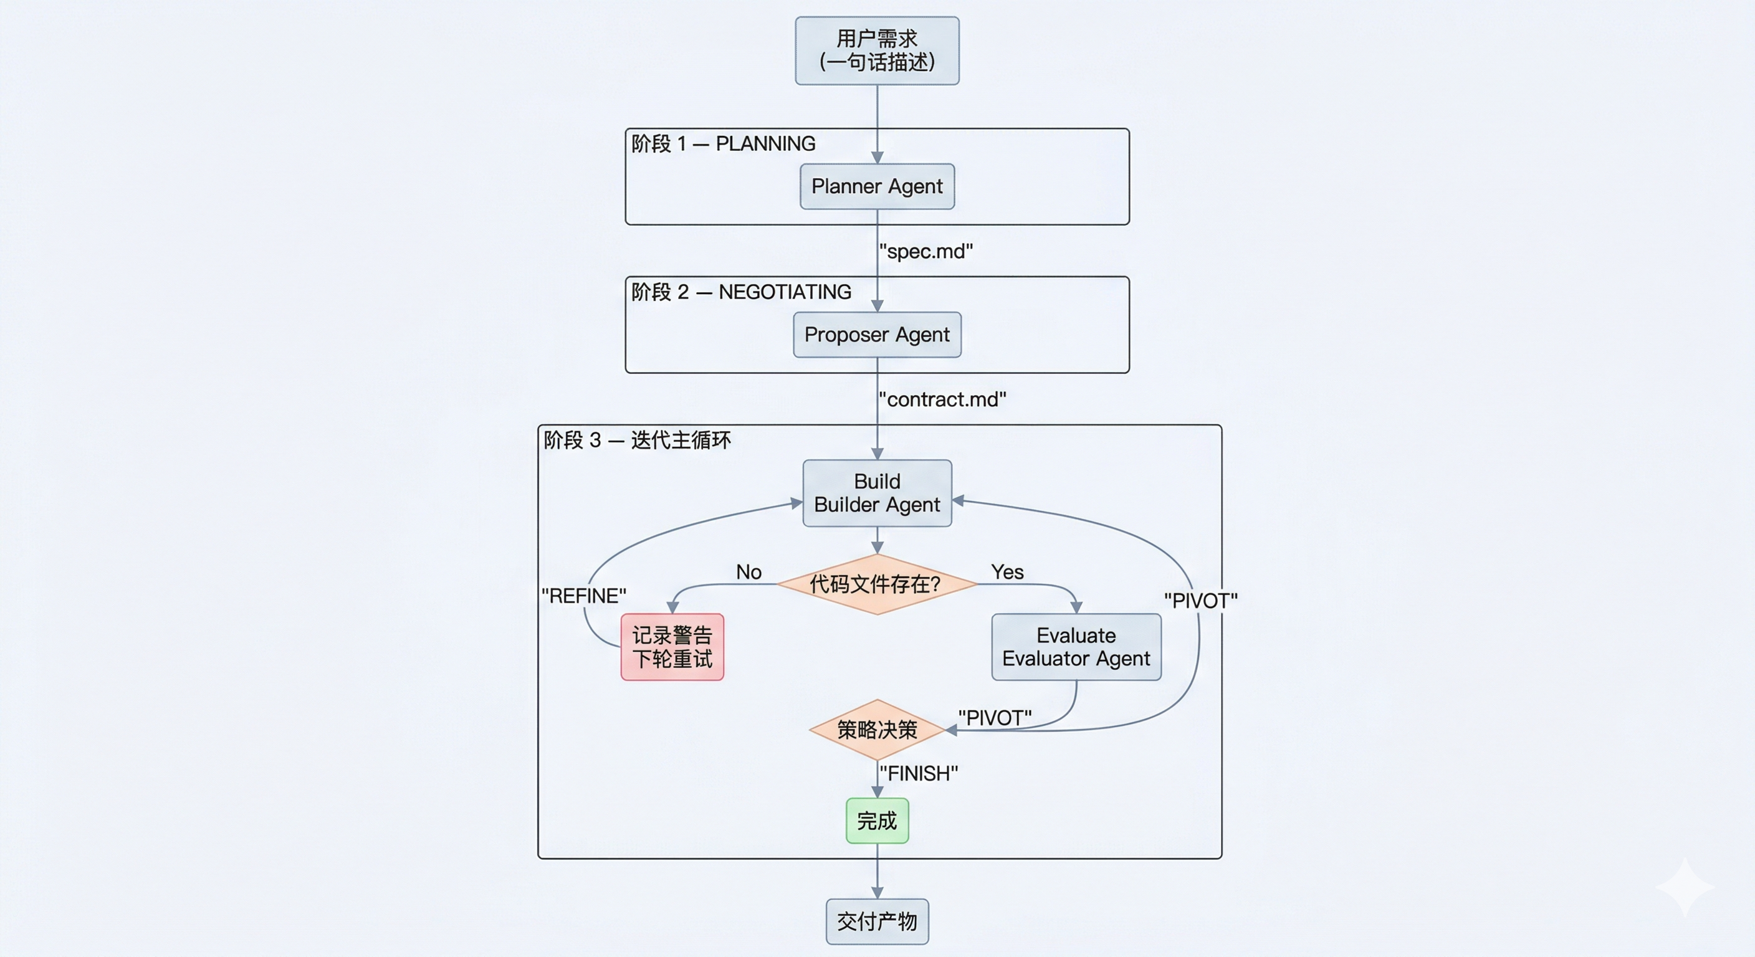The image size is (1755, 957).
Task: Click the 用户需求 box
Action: coord(877,50)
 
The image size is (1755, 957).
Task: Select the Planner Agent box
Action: coord(877,186)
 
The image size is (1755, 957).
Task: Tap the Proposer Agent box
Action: coord(877,335)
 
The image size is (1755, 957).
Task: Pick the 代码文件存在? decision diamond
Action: coord(877,584)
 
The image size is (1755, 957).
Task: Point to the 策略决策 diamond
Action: coord(877,730)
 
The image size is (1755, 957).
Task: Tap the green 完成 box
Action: coord(877,821)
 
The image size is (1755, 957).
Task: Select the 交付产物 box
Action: coord(877,921)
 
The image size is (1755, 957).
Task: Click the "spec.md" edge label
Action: coord(926,251)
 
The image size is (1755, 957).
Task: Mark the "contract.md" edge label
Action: coord(942,399)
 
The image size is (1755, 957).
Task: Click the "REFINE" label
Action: coord(584,596)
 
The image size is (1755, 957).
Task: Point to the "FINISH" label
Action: coord(919,774)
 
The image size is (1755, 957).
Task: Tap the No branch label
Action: coord(748,572)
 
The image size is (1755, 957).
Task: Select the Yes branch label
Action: coord(1007,572)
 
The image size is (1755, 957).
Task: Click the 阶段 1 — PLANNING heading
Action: coord(723,144)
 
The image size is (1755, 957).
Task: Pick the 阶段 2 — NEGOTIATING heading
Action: coord(740,292)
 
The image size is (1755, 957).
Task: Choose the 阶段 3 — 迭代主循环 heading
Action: coord(637,440)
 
